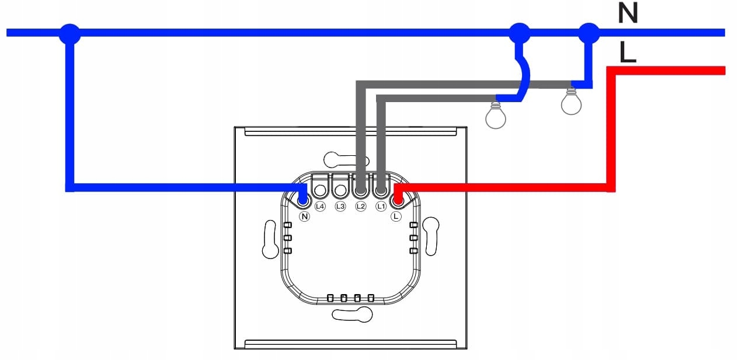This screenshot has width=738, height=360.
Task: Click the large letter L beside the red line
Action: coord(628,54)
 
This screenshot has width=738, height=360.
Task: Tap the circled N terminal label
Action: coord(304,216)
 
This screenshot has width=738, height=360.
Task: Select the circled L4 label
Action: coord(319,207)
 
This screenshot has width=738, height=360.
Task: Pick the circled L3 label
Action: coord(340,207)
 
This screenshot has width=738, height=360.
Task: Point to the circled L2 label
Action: coord(360,207)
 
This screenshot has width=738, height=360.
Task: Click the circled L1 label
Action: coord(381,207)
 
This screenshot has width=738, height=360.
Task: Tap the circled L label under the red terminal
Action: coord(396,216)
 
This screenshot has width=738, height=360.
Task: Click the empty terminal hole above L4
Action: coord(320,190)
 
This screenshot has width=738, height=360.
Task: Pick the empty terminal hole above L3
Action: coord(340,190)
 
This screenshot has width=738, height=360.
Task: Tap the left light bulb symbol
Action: coord(495,116)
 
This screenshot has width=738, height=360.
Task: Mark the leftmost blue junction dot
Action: coord(69,33)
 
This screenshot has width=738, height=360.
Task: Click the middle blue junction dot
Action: coord(518,33)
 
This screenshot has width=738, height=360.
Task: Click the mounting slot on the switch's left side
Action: coord(270,239)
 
